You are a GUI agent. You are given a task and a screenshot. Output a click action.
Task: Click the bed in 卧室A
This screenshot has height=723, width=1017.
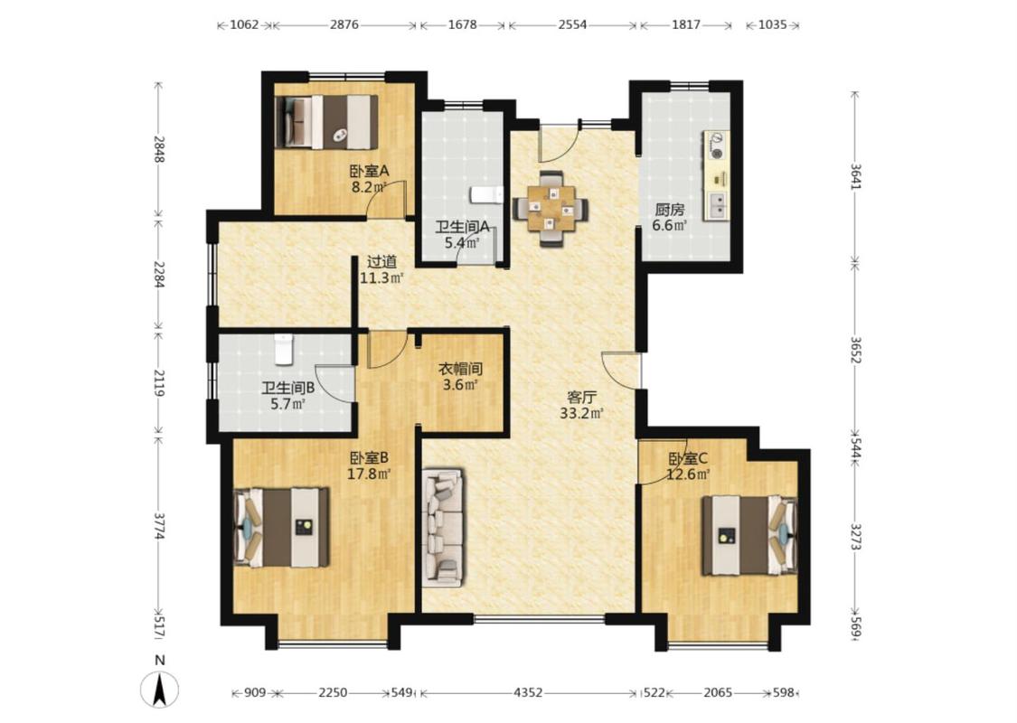(326, 122)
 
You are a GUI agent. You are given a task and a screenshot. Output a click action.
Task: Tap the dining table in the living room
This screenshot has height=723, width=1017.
(551, 208)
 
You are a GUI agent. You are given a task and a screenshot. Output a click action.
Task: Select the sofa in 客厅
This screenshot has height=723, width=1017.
(443, 528)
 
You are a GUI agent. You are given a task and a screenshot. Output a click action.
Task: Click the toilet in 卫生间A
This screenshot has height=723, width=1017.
(486, 194)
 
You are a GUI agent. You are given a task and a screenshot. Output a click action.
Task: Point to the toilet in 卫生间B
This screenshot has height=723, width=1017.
(284, 350)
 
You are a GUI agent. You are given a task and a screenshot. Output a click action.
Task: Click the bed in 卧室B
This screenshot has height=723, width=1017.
(281, 527)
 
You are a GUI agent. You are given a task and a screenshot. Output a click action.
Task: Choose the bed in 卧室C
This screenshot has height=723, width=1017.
(749, 536)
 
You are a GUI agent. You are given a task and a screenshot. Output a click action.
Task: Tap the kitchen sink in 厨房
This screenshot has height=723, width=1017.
(718, 205)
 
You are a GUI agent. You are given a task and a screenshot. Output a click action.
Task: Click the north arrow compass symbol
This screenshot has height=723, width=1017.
(159, 689)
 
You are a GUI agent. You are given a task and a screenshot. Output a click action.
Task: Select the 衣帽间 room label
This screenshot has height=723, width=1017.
(460, 369)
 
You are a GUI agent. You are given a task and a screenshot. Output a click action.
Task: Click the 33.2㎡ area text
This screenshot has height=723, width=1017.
(582, 413)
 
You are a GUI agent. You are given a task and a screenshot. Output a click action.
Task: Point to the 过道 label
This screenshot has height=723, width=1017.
(382, 262)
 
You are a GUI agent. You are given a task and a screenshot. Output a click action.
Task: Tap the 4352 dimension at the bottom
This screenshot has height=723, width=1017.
(528, 692)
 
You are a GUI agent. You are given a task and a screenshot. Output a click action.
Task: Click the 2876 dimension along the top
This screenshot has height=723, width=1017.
(344, 24)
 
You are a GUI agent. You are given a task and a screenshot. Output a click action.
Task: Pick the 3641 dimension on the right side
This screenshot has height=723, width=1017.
(855, 176)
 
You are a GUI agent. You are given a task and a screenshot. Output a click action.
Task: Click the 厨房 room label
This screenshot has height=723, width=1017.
(669, 210)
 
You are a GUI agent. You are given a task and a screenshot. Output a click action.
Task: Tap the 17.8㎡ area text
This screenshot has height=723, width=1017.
(369, 474)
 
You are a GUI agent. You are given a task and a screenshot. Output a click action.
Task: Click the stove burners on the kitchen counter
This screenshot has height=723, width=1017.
(717, 146)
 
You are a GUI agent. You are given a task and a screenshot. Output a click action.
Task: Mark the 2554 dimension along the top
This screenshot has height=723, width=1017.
(572, 24)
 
